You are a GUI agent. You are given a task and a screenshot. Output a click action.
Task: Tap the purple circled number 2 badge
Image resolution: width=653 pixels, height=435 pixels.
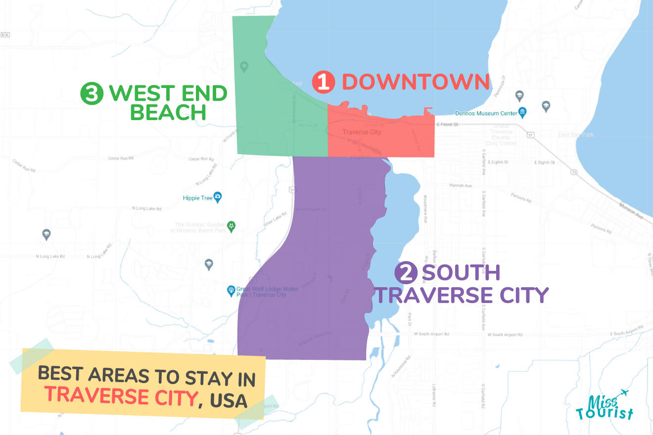[406, 273]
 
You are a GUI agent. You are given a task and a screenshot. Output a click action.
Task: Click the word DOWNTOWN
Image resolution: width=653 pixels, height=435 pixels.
[415, 82]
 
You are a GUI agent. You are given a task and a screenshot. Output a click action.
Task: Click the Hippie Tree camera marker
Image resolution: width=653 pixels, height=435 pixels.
[217, 198]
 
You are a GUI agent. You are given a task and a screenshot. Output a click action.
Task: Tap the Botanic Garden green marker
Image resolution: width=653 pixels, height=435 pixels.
[231, 226]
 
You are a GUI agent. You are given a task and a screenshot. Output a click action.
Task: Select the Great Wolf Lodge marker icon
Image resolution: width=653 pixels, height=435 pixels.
[231, 290]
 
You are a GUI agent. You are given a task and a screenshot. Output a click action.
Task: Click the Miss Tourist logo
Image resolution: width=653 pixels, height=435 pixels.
[605, 406]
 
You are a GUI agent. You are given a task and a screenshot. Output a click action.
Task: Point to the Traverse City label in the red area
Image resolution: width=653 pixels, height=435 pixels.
[362, 132]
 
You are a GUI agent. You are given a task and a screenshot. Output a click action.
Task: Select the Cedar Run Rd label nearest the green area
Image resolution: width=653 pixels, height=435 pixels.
[201, 159]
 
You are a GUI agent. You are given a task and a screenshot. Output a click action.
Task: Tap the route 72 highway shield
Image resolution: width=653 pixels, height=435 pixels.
[574, 172]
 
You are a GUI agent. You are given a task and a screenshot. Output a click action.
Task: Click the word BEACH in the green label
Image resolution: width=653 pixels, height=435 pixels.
[168, 113]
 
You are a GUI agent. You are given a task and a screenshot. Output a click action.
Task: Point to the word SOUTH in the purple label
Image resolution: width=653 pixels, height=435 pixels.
[461, 273]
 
